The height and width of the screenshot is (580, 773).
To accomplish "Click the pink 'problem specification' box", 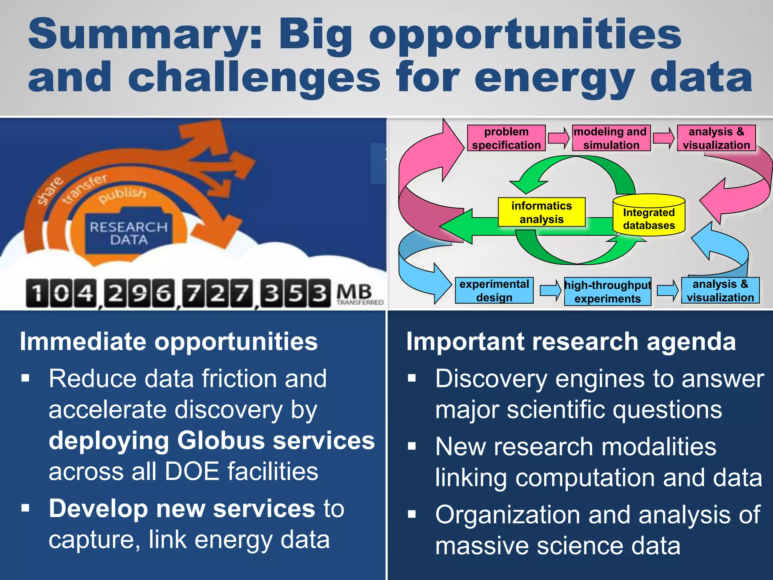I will point(506,138).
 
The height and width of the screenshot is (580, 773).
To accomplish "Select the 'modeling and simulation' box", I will point(611,138).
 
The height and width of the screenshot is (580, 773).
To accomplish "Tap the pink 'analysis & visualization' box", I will point(716,138).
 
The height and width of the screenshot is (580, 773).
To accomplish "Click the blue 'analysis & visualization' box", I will point(720,290).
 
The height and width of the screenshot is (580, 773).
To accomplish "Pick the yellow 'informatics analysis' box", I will point(541,212).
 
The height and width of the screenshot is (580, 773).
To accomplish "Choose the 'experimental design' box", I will point(494,290).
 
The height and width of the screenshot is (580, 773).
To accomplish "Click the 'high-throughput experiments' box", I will point(608,292).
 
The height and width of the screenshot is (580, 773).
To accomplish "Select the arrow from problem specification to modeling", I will point(559,138).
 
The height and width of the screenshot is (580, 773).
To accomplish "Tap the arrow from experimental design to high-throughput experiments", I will point(550,290).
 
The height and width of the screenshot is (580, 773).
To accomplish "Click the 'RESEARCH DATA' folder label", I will point(129,233).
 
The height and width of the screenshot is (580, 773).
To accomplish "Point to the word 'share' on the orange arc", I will point(50,191).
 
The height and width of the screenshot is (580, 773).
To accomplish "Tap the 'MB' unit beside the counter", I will point(354,292).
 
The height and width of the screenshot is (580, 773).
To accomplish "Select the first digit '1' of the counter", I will point(37,293).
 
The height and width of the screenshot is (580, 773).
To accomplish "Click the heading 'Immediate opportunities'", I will point(169,341).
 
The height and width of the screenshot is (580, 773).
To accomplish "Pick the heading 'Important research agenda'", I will point(571,341).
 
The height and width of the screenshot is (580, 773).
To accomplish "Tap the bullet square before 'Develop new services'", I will point(26,508).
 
